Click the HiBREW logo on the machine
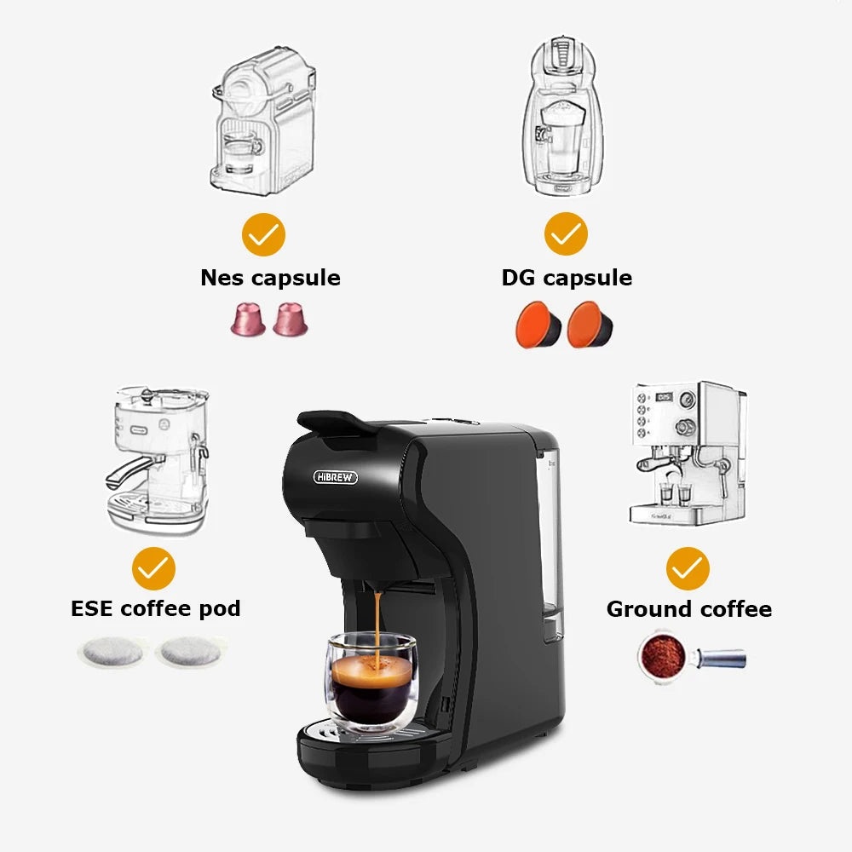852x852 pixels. (x=336, y=477)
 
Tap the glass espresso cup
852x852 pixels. (x=370, y=686)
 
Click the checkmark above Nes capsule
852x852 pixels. (x=263, y=234)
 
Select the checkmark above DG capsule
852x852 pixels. (x=566, y=234)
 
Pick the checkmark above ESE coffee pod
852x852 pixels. (x=154, y=568)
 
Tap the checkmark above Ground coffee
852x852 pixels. (x=688, y=568)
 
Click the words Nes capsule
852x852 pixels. (x=270, y=278)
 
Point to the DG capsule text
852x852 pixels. (x=567, y=278)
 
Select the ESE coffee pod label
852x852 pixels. (x=155, y=608)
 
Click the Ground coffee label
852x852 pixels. (x=688, y=609)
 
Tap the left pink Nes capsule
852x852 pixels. (x=248, y=319)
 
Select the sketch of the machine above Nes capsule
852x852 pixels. (x=262, y=119)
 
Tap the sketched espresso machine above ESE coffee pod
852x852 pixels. (x=158, y=460)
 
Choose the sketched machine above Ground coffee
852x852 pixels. (x=688, y=452)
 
